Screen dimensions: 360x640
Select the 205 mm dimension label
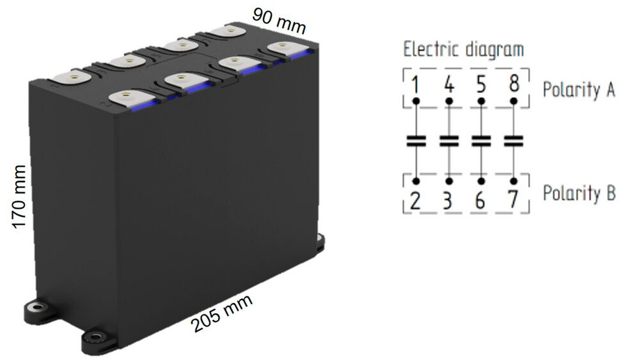(x=222, y=313)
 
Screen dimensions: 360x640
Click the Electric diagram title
(x=463, y=50)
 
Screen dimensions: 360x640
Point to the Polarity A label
(x=579, y=90)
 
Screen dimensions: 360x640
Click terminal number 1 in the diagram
(x=416, y=84)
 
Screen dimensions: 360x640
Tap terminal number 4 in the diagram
(x=449, y=84)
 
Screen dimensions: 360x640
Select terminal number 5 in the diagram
(x=481, y=84)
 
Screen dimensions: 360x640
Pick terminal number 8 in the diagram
(x=514, y=84)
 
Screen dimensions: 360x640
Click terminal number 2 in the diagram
(x=415, y=201)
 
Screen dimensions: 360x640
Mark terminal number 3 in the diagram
(x=447, y=201)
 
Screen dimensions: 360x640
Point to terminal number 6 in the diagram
(x=480, y=201)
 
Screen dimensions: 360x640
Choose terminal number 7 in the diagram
(x=513, y=200)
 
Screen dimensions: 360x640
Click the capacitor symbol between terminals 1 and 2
(x=416, y=141)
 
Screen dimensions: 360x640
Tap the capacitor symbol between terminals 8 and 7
(x=514, y=141)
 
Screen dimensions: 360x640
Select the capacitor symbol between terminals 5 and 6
(x=481, y=141)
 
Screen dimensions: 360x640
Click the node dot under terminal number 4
(x=449, y=101)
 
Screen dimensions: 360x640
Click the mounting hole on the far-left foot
(x=34, y=307)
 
